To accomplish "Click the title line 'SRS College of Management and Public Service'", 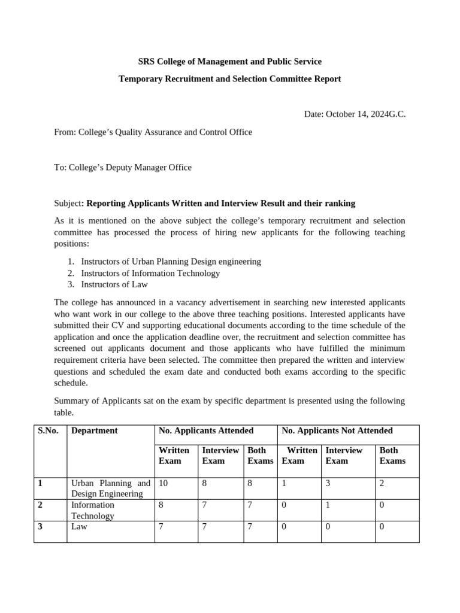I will pyautogui.click(x=229, y=62).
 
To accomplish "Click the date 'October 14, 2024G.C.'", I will pyautogui.click(x=365, y=114).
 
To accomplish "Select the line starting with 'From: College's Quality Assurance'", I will pyautogui.click(x=153, y=132).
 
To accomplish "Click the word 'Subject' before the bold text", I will pyautogui.click(x=67, y=204).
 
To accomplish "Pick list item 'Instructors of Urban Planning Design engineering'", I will pyautogui.click(x=171, y=262).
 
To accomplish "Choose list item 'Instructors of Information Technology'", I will pyautogui.click(x=150, y=273).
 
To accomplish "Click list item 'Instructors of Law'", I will pyautogui.click(x=114, y=284).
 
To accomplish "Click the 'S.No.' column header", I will pyautogui.click(x=48, y=430).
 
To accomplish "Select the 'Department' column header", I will pyautogui.click(x=94, y=430).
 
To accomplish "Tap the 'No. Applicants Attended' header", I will pyautogui.click(x=205, y=430).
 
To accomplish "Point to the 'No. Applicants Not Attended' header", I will pyautogui.click(x=337, y=430).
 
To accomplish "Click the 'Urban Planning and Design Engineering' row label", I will pyautogui.click(x=110, y=488).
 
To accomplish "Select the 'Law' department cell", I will pyautogui.click(x=80, y=527).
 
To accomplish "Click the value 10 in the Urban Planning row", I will pyautogui.click(x=163, y=483).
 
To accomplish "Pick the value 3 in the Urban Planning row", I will pyautogui.click(x=328, y=483).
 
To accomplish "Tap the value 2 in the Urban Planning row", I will pyautogui.click(x=382, y=483).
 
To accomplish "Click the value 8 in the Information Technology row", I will pyautogui.click(x=161, y=505).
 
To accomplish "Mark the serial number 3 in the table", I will pyautogui.click(x=40, y=527).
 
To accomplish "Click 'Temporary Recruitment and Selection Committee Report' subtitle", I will pyautogui.click(x=229, y=79).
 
